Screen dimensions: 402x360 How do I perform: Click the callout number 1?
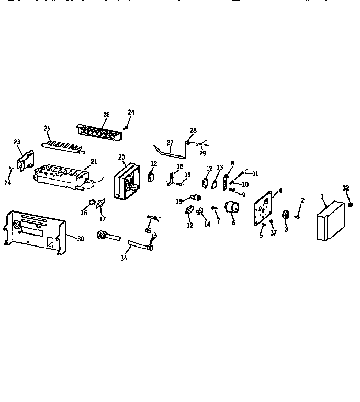point(322,198)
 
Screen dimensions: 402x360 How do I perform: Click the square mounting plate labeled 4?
point(264,208)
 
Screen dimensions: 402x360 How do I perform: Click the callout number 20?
point(121,157)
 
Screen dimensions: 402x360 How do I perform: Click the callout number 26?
point(106,115)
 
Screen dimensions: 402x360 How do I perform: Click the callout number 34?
point(123,257)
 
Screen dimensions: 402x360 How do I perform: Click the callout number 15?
point(179,201)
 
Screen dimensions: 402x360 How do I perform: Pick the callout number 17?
point(103,219)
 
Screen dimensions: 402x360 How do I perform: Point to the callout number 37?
point(273,233)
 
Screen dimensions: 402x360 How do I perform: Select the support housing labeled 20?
point(126,182)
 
